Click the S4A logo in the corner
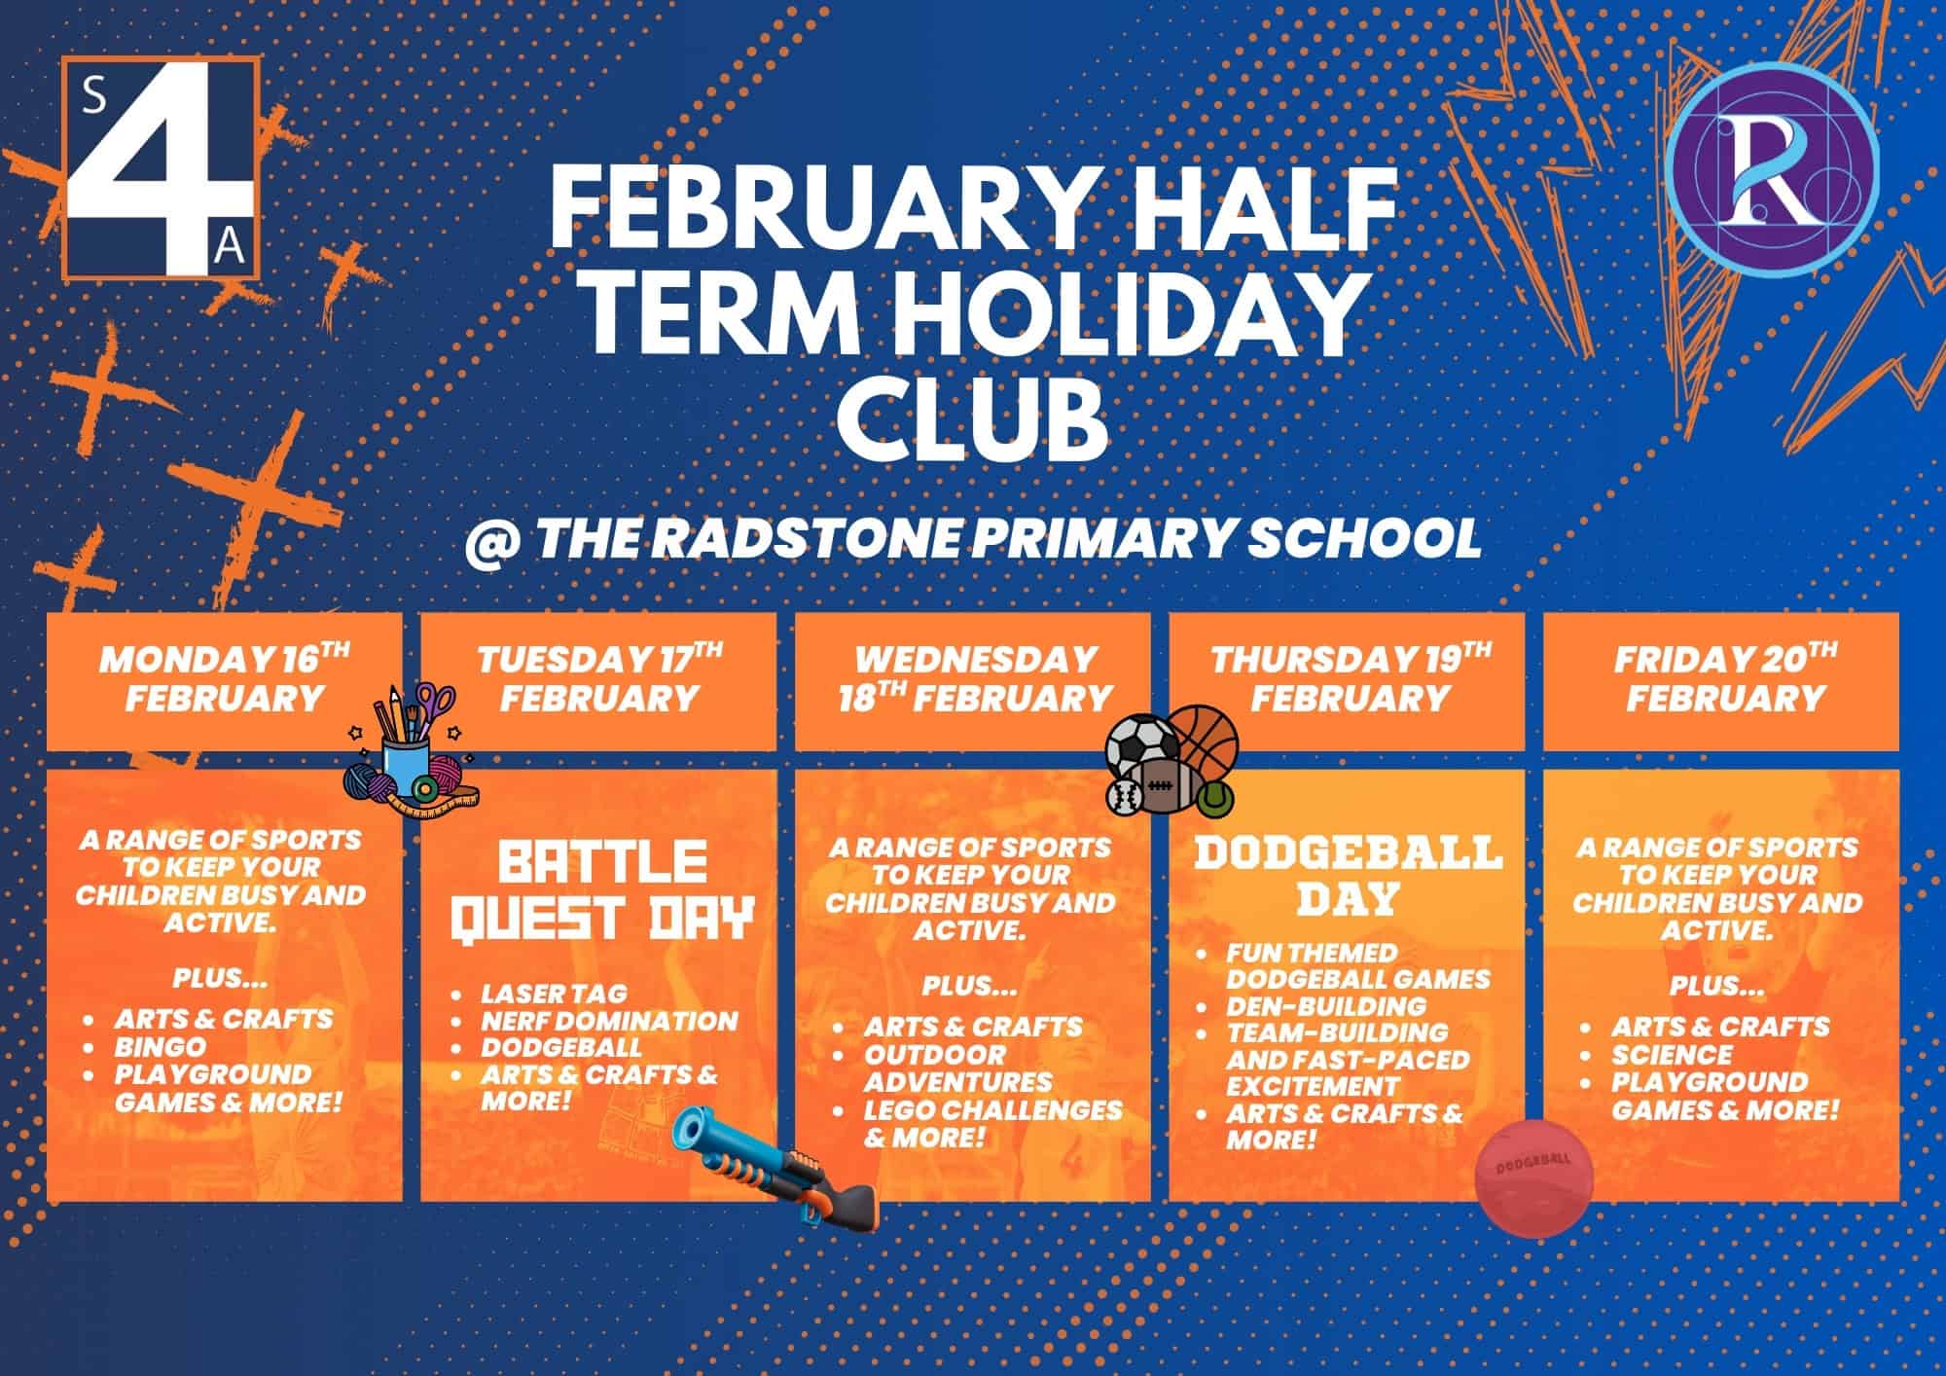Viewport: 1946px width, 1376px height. tap(161, 167)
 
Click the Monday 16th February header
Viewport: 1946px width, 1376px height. tap(225, 678)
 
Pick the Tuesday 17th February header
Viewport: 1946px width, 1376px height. tap(599, 678)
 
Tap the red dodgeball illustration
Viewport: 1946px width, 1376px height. tap(1535, 1178)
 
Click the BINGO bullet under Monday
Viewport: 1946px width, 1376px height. tap(161, 1047)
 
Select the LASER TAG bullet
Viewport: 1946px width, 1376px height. tap(554, 994)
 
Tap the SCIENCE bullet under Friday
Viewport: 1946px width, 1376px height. tap(1672, 1055)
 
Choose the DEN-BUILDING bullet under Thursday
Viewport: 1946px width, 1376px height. tap(1326, 1006)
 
